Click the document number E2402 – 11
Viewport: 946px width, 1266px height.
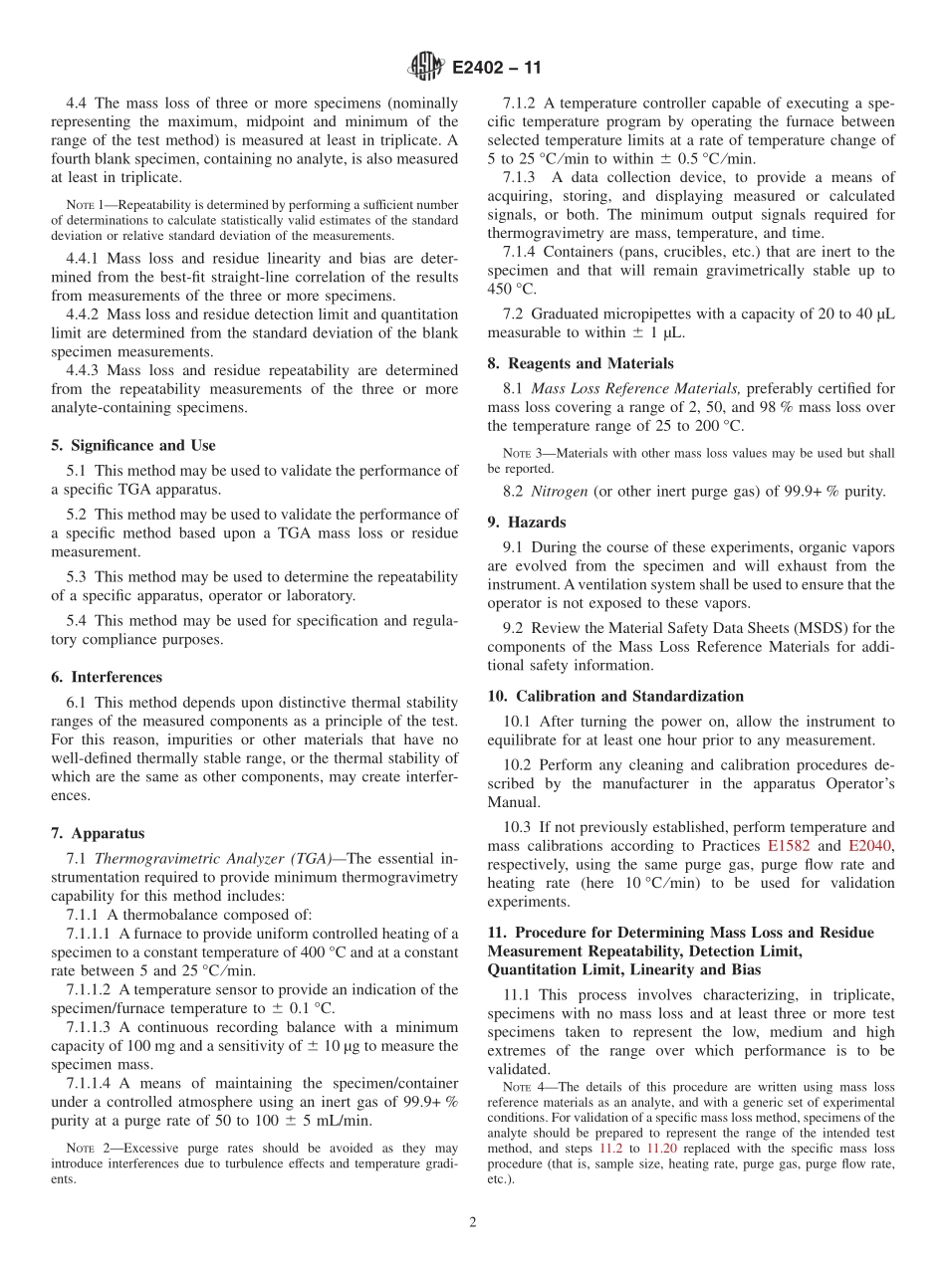pyautogui.click(x=496, y=69)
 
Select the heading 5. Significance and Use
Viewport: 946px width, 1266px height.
pyautogui.click(x=132, y=445)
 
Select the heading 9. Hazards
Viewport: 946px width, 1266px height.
pyautogui.click(x=527, y=522)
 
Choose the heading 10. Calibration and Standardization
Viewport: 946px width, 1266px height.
pyautogui.click(x=615, y=696)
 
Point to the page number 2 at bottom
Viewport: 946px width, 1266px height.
pyautogui.click(x=473, y=1222)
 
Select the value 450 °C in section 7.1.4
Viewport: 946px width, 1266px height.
pyautogui.click(x=512, y=289)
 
